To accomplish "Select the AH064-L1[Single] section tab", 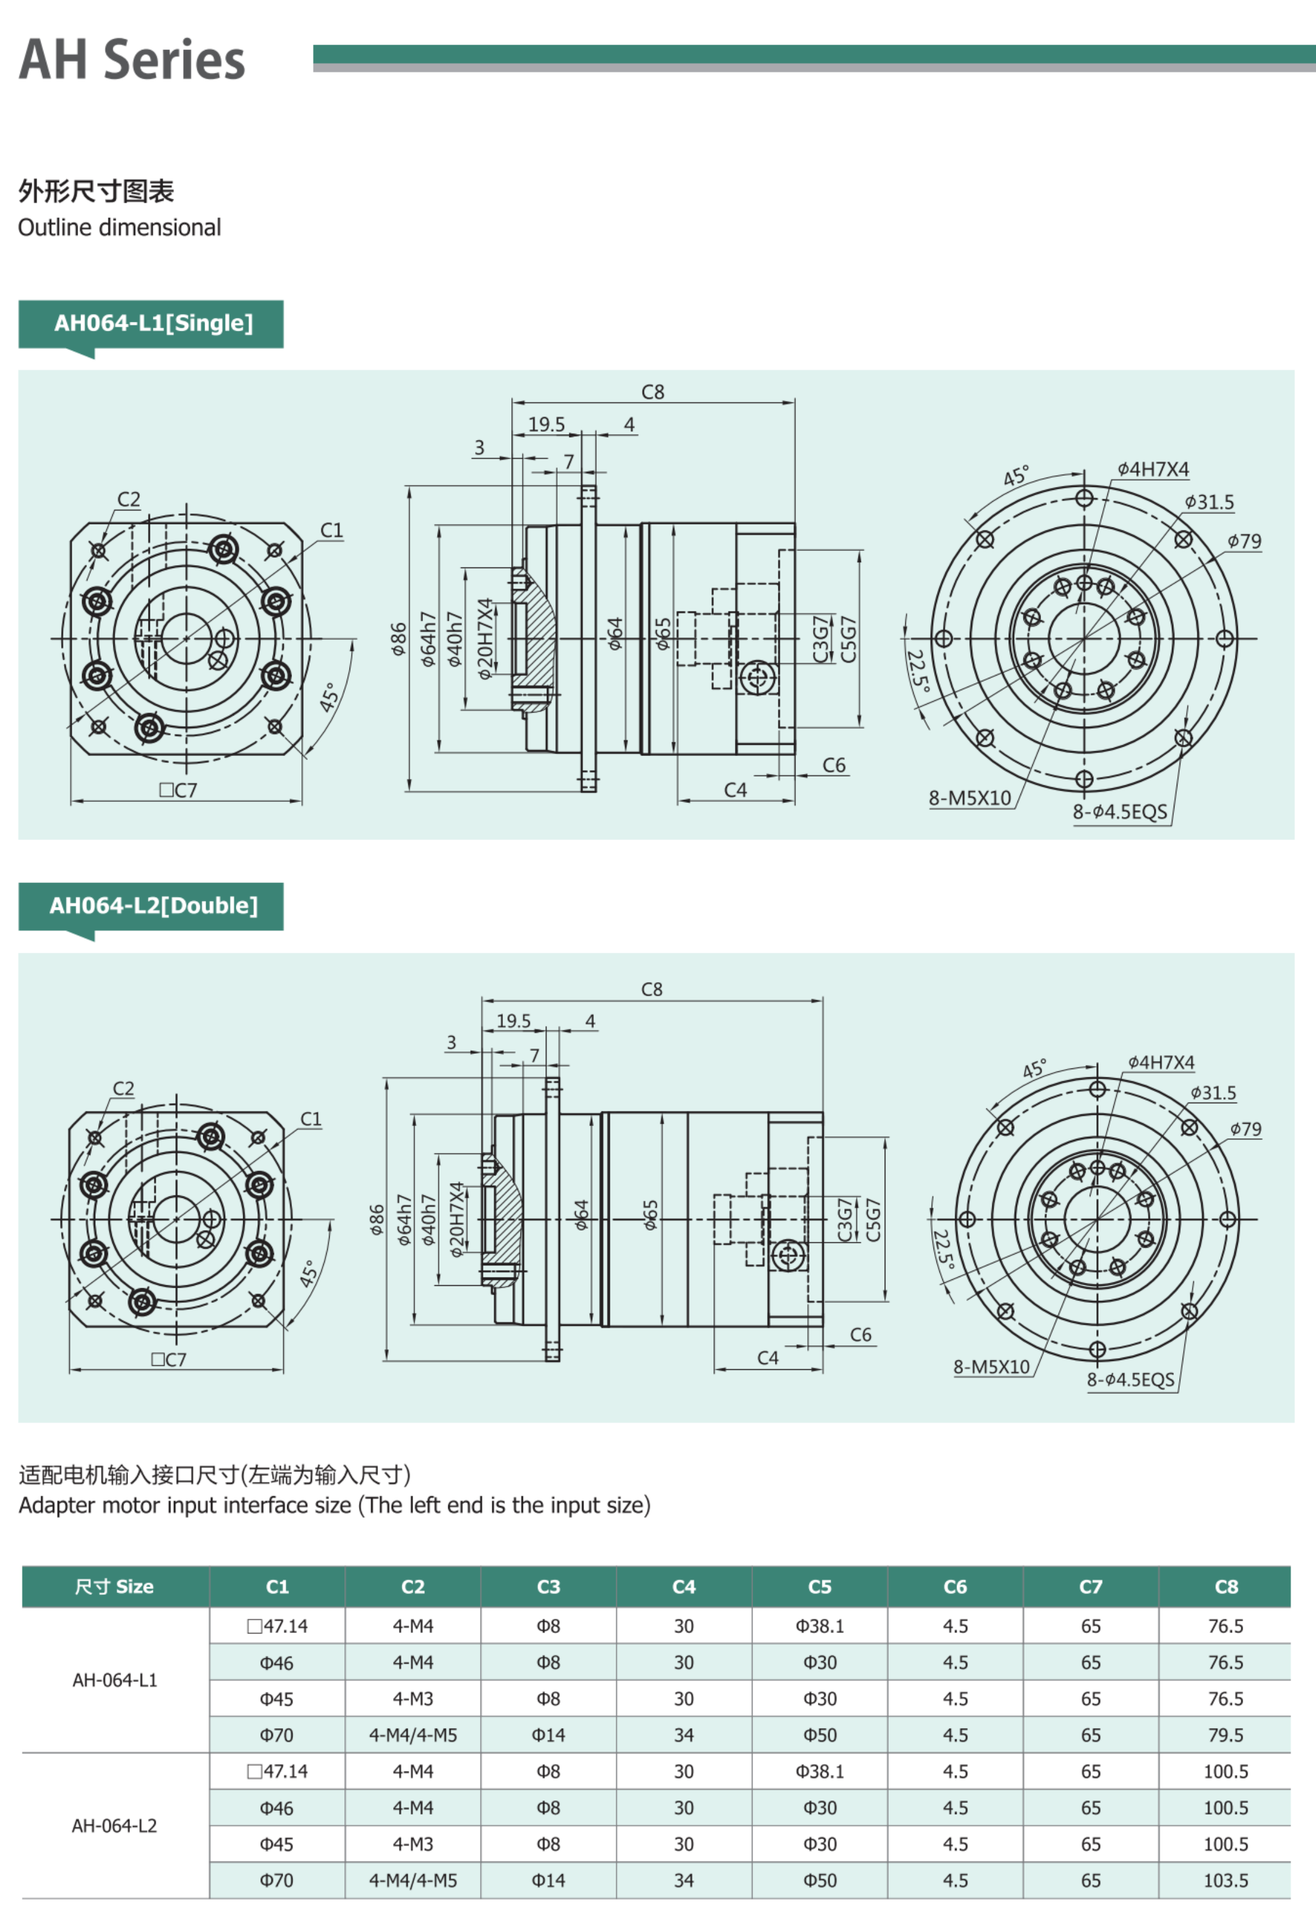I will click(153, 323).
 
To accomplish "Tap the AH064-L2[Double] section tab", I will click(153, 906).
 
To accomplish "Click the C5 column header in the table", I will click(819, 1586).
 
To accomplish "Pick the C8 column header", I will click(1226, 1586).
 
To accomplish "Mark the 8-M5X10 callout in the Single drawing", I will click(969, 798).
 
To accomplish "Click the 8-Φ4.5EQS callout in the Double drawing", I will click(1130, 1379).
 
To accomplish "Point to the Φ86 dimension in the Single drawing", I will click(399, 639).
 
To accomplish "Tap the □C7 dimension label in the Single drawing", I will click(178, 790).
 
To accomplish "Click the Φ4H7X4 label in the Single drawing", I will click(1153, 469).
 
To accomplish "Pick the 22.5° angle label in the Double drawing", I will click(944, 1249).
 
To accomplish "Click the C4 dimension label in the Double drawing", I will click(768, 1358).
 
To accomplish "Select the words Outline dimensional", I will click(119, 227).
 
